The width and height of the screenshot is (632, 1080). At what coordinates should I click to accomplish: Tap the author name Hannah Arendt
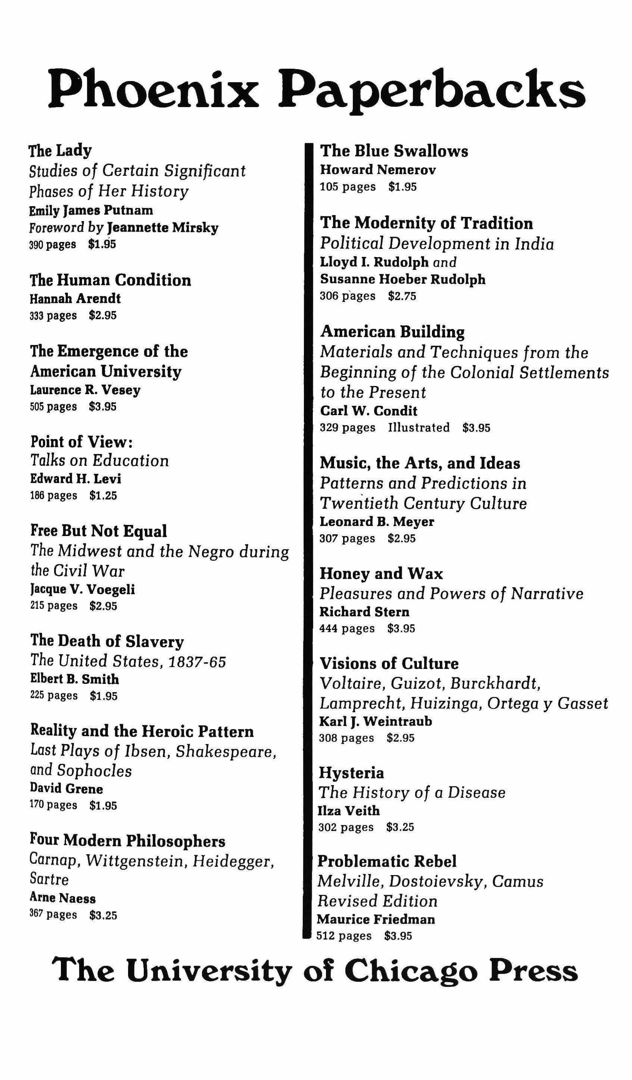click(x=75, y=298)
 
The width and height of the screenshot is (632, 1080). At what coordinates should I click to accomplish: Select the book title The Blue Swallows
click(x=394, y=151)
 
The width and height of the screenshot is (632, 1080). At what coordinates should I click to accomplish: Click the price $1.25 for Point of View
click(x=103, y=495)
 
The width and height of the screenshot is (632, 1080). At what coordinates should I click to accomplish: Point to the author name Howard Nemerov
click(x=377, y=170)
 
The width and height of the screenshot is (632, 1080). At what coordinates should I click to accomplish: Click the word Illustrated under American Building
click(x=418, y=427)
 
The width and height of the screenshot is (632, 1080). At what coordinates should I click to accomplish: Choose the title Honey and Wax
click(x=381, y=573)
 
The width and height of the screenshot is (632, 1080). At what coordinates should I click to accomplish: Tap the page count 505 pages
click(x=53, y=406)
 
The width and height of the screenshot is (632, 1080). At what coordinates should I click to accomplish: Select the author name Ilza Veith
click(x=349, y=810)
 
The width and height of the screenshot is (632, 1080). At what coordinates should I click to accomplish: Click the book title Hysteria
click(x=351, y=773)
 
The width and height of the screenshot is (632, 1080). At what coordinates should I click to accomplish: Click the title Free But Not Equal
click(x=99, y=530)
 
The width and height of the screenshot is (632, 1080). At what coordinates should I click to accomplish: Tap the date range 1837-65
click(x=197, y=662)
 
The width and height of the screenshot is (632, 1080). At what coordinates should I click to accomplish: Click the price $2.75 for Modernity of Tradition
click(x=402, y=296)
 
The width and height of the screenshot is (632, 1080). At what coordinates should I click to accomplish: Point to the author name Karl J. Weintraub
click(x=375, y=721)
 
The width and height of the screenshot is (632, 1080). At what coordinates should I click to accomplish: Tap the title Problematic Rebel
click(x=386, y=862)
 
